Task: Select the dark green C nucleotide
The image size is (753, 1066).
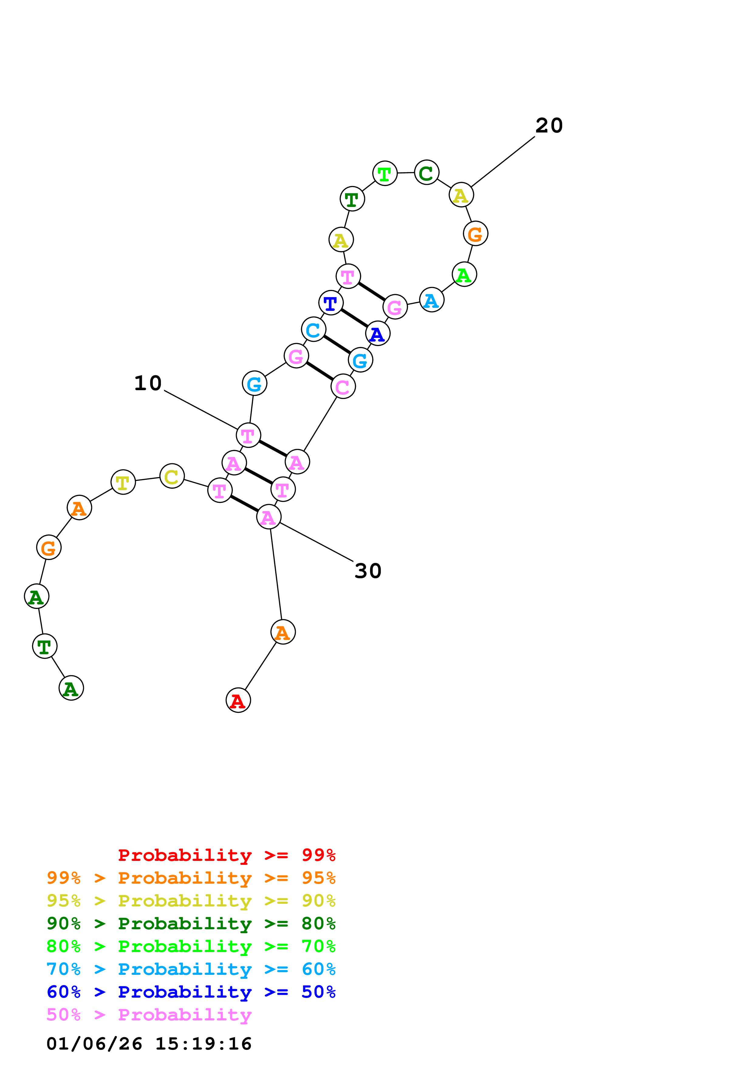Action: (x=426, y=172)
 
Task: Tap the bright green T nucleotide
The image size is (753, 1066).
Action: (x=385, y=173)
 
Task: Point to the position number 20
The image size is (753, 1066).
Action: (x=549, y=126)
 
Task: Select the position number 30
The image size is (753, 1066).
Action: (x=368, y=571)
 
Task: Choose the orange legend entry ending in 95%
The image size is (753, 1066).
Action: (x=191, y=878)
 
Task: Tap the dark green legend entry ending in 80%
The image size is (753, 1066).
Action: (x=191, y=923)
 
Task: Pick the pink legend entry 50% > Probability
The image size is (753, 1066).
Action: (x=149, y=1015)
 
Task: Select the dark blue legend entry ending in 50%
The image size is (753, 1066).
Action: (x=191, y=992)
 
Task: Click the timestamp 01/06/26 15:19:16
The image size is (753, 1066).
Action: (x=149, y=1044)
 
